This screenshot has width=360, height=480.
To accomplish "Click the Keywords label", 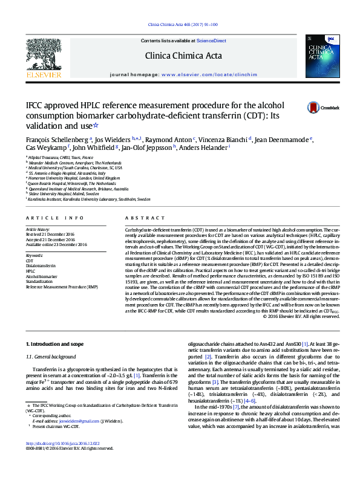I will tap(34, 256).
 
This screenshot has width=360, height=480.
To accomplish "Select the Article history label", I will tap(38, 230).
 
